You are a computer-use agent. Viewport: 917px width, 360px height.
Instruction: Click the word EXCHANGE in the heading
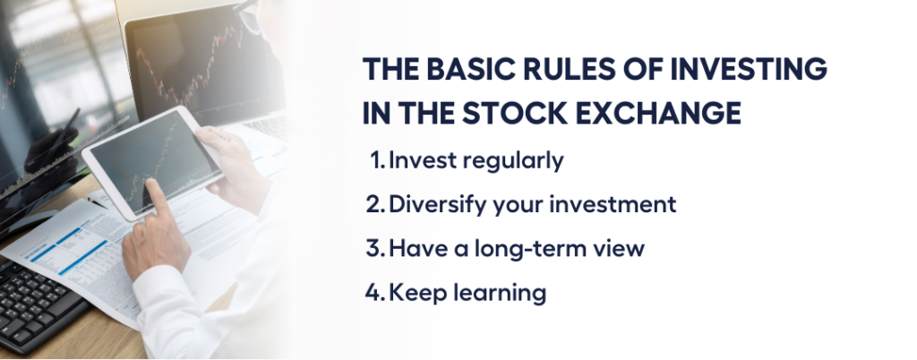659,114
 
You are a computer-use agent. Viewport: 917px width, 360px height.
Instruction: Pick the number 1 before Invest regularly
378,160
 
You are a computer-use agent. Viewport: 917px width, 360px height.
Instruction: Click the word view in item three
624,248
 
